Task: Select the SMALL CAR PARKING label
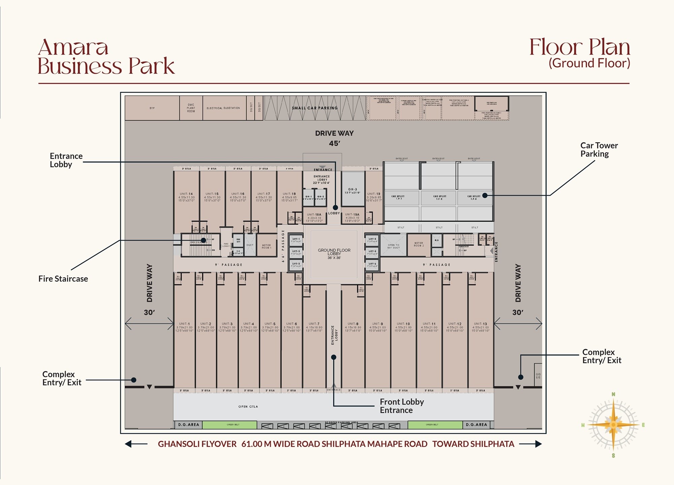(x=314, y=108)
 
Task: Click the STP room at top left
(x=152, y=108)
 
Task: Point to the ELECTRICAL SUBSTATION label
(x=223, y=108)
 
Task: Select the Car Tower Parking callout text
(x=599, y=150)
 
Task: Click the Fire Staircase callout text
(x=63, y=279)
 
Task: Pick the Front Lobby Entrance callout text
(x=401, y=406)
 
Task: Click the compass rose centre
(x=613, y=425)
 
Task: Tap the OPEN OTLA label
(x=248, y=406)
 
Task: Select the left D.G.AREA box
(x=188, y=425)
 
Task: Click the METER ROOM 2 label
(x=419, y=244)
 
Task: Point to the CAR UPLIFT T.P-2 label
(x=439, y=198)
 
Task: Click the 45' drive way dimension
(x=334, y=144)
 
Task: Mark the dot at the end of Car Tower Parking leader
(x=485, y=195)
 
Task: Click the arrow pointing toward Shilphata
(x=530, y=444)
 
